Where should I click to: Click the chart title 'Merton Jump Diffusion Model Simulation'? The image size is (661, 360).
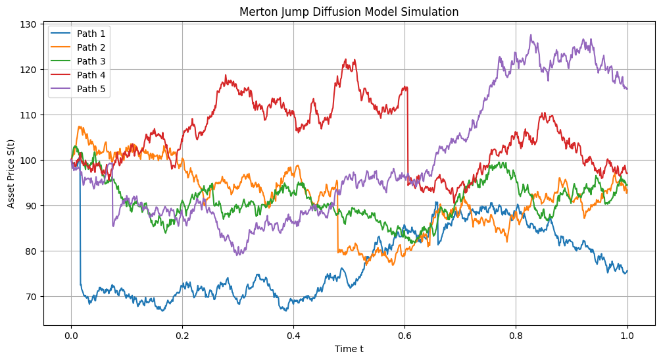coord(349,12)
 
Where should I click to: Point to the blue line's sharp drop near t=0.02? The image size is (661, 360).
coord(80,230)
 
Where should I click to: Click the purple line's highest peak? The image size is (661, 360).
coord(531,36)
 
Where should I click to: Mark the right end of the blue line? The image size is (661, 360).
coord(627,270)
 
